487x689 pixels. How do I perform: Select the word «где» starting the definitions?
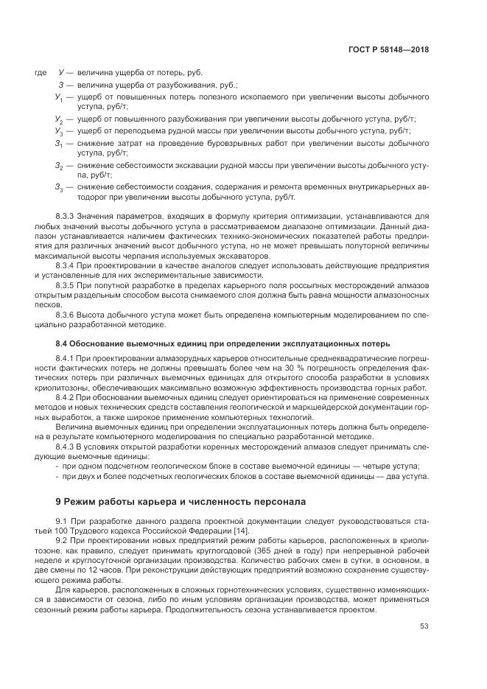coord(41,74)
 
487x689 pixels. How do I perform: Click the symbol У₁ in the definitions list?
coord(58,97)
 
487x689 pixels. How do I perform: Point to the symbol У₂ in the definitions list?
coord(58,119)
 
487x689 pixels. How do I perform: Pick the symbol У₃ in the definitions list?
coord(58,130)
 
